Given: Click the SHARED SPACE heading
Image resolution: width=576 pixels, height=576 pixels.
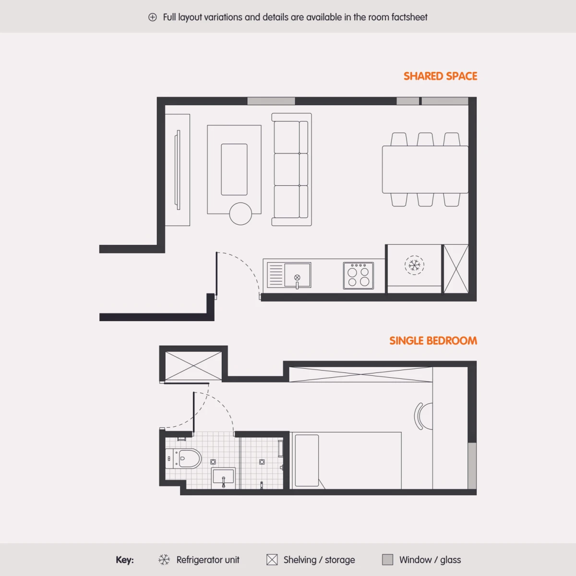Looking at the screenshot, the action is (440, 76).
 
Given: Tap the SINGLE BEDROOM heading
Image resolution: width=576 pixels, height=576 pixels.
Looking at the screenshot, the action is (433, 341).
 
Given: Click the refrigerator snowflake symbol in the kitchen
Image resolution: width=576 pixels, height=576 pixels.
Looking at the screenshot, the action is (414, 265).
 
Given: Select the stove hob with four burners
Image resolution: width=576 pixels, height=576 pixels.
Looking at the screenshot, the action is (359, 276).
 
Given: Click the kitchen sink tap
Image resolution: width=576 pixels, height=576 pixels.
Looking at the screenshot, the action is (297, 282).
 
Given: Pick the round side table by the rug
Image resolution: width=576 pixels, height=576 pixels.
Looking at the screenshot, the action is (240, 214).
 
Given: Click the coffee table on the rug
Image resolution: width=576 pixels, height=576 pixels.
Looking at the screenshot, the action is (234, 169).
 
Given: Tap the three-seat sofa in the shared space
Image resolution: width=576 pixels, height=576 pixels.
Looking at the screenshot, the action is (291, 169).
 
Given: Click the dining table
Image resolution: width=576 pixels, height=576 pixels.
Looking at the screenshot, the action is (425, 169).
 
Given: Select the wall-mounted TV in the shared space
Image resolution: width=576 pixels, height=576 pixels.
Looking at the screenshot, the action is (178, 170).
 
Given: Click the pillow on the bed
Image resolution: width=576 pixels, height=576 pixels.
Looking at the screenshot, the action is (307, 461).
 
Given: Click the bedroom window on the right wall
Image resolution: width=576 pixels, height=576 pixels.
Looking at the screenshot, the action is (472, 466).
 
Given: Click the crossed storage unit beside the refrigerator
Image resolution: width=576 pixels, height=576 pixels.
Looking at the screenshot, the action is (456, 269).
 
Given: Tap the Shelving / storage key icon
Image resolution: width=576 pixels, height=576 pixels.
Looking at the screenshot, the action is (272, 560).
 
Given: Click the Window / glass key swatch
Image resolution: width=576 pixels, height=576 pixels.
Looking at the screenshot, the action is (388, 560).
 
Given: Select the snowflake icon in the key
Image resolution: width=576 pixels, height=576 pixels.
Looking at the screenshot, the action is (164, 560).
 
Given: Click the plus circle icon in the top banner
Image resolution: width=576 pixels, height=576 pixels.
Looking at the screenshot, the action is (153, 17).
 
